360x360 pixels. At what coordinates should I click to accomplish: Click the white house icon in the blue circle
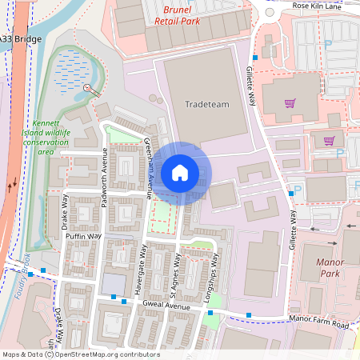(x=180, y=172)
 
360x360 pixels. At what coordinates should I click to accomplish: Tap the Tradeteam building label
(x=206, y=104)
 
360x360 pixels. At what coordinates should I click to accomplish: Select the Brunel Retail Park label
(x=178, y=17)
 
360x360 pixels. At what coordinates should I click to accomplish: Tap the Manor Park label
(x=329, y=267)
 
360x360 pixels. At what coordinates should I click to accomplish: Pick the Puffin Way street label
(x=83, y=237)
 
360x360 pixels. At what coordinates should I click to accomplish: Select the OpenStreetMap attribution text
(x=81, y=354)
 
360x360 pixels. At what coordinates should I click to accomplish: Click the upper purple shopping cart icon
(x=290, y=102)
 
